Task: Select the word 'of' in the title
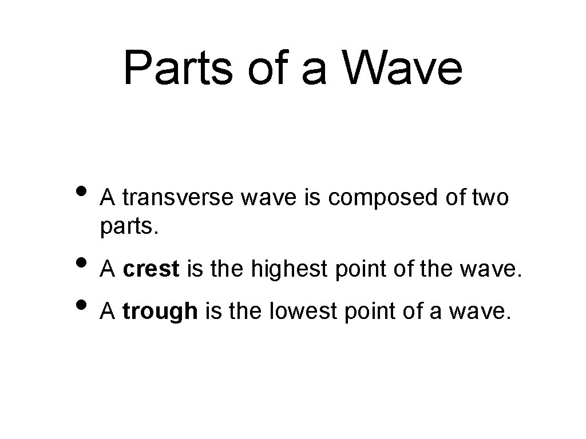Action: click(x=264, y=68)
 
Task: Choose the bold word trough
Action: click(x=160, y=312)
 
